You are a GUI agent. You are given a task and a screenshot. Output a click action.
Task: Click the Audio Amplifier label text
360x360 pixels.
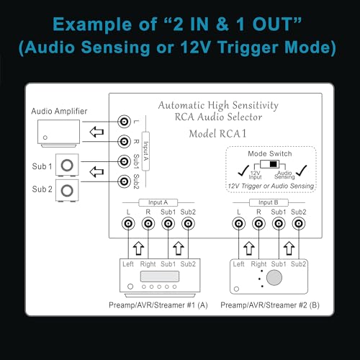point(59,111)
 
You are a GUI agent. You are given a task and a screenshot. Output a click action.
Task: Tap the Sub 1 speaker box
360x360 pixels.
point(67,165)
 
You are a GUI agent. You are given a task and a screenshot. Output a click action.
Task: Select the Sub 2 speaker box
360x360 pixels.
point(67,190)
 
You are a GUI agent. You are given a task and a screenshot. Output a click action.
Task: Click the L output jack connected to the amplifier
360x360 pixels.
point(124,122)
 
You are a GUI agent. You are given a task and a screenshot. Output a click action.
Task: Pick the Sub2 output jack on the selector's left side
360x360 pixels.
point(124,181)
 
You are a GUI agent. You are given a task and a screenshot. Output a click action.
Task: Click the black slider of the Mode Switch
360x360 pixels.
point(274,164)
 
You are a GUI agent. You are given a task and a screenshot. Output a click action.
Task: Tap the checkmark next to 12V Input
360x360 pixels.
point(243,171)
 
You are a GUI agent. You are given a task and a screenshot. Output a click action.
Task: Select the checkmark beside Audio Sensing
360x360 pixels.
point(302,171)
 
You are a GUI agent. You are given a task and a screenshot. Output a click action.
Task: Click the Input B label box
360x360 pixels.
point(269,202)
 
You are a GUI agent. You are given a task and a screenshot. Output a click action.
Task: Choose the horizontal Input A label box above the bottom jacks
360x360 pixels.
point(158,202)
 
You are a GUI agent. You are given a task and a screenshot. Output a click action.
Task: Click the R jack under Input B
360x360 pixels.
point(258,224)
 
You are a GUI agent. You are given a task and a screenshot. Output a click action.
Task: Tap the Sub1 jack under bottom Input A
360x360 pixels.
point(168,224)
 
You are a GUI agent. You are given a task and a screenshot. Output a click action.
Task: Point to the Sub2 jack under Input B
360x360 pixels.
point(299,224)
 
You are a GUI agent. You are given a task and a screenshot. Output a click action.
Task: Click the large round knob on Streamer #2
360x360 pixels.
point(274,278)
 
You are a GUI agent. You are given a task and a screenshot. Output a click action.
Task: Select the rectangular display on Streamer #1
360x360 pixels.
point(160,276)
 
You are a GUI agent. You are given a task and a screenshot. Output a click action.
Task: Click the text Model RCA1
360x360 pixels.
point(217,134)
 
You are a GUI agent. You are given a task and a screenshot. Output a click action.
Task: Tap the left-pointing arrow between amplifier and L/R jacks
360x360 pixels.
point(96,132)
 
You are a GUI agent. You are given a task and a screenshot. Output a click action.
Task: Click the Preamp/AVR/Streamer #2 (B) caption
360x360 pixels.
point(270,305)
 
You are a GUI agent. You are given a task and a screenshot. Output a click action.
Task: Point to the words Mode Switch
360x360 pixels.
point(270,153)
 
